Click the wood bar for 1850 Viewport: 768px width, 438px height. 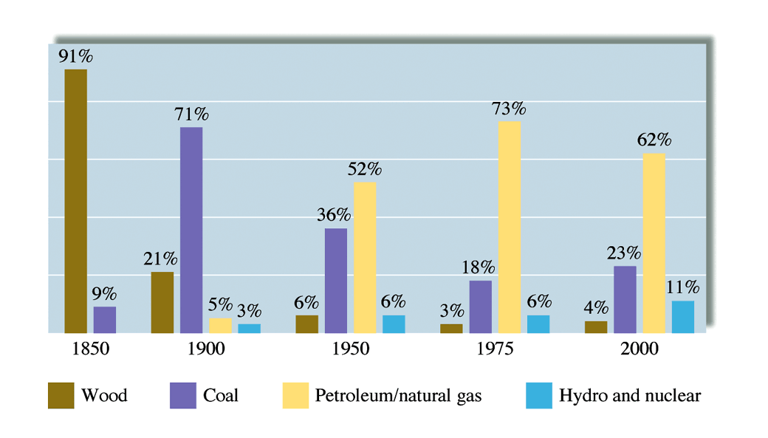pyautogui.click(x=75, y=201)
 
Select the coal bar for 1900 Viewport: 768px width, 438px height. pyautogui.click(x=191, y=230)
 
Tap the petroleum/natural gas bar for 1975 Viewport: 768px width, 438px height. pyautogui.click(x=509, y=227)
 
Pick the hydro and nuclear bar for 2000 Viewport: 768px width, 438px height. pyautogui.click(x=683, y=317)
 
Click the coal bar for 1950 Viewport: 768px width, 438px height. pyautogui.click(x=336, y=281)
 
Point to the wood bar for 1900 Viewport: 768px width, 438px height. pyautogui.click(x=162, y=302)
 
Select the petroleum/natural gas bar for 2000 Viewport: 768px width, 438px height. pyautogui.click(x=654, y=243)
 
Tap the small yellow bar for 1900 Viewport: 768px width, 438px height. pyautogui.click(x=220, y=326)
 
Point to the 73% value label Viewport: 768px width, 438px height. pyautogui.click(x=509, y=109)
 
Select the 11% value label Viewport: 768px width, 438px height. pyautogui.click(x=683, y=287)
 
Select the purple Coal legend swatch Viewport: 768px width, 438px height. pyautogui.click(x=182, y=396)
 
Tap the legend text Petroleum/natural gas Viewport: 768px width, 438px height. pyautogui.click(x=398, y=396)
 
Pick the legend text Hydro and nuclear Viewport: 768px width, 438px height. pyautogui.click(x=630, y=396)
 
